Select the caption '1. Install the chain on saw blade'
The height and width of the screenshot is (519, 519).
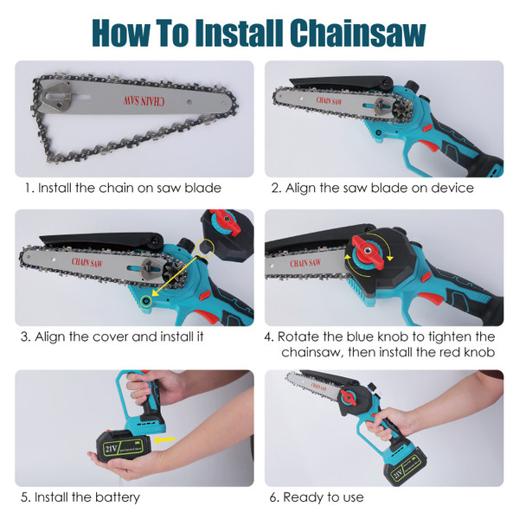[123, 188]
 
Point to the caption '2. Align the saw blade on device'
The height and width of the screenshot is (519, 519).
[373, 188]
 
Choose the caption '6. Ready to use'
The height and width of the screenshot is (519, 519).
[317, 497]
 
